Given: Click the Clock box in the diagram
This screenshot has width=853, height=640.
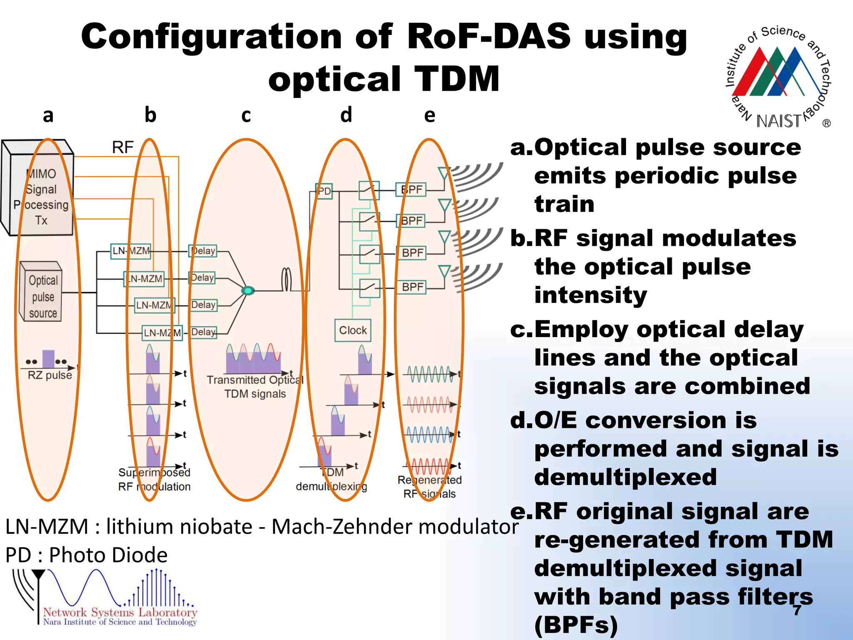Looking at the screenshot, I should pyautogui.click(x=353, y=330).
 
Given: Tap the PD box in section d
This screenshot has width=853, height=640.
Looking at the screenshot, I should pyautogui.click(x=324, y=191).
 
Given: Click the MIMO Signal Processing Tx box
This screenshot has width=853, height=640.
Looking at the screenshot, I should pyautogui.click(x=40, y=196).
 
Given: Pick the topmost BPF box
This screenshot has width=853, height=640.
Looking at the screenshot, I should pyautogui.click(x=411, y=190).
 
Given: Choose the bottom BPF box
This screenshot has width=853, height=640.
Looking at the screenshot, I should pyautogui.click(x=412, y=287).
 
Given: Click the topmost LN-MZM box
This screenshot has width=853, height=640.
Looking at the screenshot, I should pyautogui.click(x=130, y=251).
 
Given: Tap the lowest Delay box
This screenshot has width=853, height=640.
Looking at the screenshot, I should pyautogui.click(x=203, y=332).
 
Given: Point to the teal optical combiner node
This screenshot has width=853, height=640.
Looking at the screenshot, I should pyautogui.click(x=248, y=290).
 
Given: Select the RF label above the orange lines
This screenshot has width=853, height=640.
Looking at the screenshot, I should pyautogui.click(x=122, y=147).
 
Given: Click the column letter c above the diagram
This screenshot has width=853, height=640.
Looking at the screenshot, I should pyautogui.click(x=246, y=115).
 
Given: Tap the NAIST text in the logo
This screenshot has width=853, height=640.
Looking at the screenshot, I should pyautogui.click(x=778, y=121).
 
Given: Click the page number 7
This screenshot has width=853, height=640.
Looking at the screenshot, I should pyautogui.click(x=797, y=610).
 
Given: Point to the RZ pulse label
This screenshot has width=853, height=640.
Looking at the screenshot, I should pyautogui.click(x=50, y=375).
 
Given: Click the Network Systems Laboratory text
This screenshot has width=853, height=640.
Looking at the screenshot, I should pyautogui.click(x=120, y=612).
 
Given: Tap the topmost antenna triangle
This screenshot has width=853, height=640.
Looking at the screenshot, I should pyautogui.click(x=444, y=172).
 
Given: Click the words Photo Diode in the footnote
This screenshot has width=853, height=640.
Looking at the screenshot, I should pyautogui.click(x=108, y=555).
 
